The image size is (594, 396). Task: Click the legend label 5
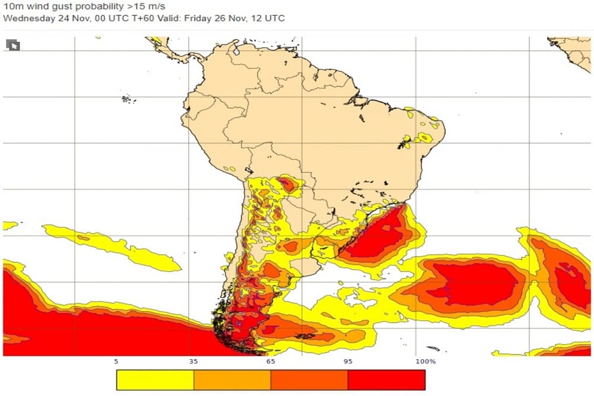(116, 361)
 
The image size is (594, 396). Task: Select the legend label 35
(194, 361)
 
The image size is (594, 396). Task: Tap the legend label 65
(271, 361)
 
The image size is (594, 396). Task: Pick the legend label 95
(348, 361)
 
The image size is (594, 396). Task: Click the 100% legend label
(425, 361)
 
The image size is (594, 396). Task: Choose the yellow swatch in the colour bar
(155, 380)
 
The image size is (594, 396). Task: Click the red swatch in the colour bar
(387, 380)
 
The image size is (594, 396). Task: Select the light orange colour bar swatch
(232, 380)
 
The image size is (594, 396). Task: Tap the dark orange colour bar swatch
(309, 380)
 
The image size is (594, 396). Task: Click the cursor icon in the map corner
(12, 45)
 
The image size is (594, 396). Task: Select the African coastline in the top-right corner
(573, 50)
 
